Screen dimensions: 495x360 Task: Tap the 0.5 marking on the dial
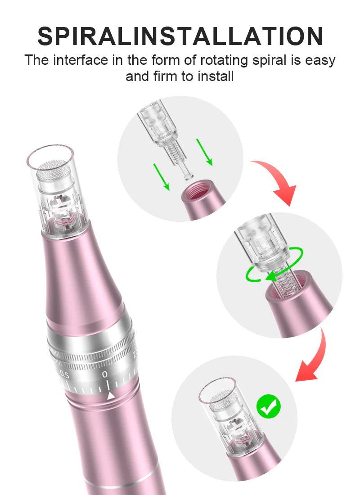click(65, 374)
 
